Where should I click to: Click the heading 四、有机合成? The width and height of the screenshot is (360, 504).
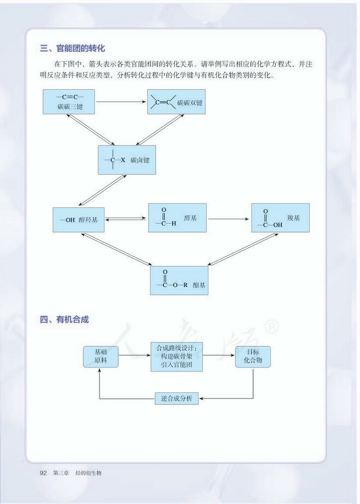64,320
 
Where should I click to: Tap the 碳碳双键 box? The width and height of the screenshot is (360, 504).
176,102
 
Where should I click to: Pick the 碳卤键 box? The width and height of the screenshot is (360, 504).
126,160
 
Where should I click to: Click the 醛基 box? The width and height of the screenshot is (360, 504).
177,218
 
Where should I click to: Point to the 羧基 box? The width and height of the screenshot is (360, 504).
280,218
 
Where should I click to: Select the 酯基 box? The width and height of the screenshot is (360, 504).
179,280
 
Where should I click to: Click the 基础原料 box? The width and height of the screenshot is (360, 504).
101,357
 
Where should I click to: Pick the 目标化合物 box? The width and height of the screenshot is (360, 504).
253,357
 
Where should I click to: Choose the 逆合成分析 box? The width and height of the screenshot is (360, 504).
177,398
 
